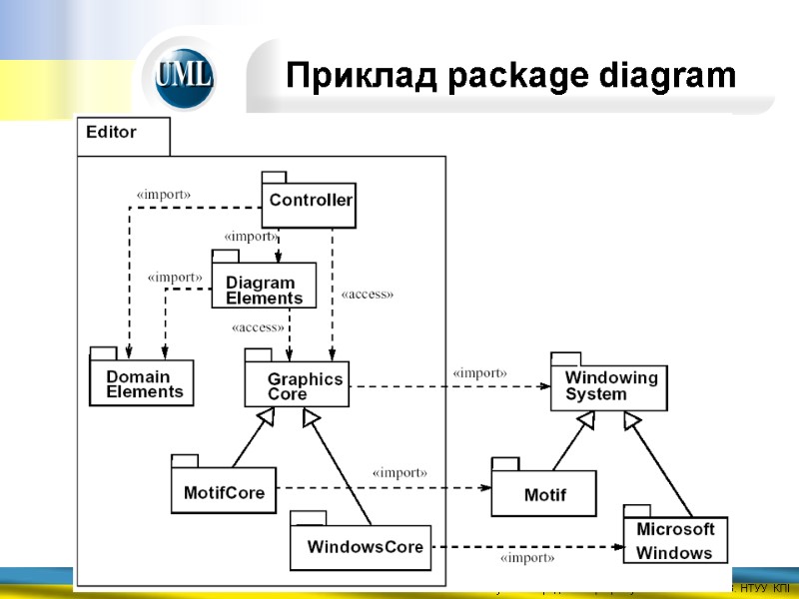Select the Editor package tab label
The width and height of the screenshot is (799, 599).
coord(112,132)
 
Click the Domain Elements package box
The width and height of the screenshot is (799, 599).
coord(142,382)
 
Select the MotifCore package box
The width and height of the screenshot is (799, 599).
coord(224,490)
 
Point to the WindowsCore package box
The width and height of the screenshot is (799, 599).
coord(361,546)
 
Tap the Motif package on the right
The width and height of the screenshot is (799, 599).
coord(544,493)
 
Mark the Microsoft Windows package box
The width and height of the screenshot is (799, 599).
coord(676,540)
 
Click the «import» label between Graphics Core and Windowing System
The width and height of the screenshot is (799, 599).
coord(480,372)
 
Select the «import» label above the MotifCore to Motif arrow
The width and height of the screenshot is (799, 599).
coord(399,472)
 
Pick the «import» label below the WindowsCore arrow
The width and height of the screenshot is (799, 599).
coord(527,558)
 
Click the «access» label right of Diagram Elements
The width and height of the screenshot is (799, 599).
coord(368,295)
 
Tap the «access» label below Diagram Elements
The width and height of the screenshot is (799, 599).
coord(258,326)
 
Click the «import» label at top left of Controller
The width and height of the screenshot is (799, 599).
coord(163,194)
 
